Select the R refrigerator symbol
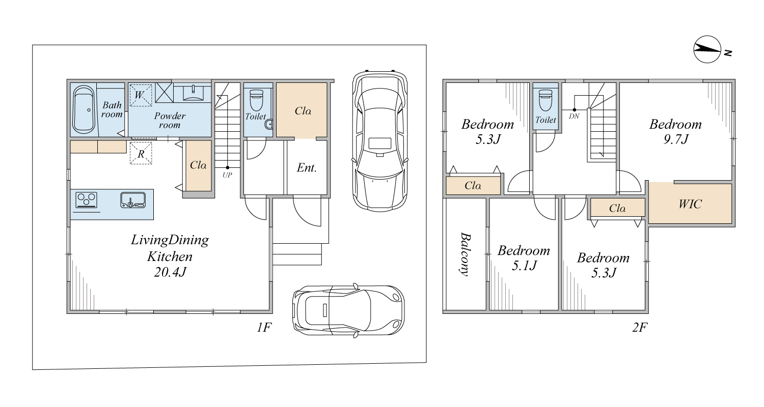141,154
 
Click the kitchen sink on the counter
133,200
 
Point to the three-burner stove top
86,200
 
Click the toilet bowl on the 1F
257,100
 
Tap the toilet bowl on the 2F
545,100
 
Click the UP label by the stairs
227,175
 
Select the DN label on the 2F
574,116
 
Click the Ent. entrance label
307,167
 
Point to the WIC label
690,204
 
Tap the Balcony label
465,254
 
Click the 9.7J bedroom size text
676,139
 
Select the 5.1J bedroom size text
524,266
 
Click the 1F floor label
264,327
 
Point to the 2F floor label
640,327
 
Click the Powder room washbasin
193,93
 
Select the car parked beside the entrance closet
380,141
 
